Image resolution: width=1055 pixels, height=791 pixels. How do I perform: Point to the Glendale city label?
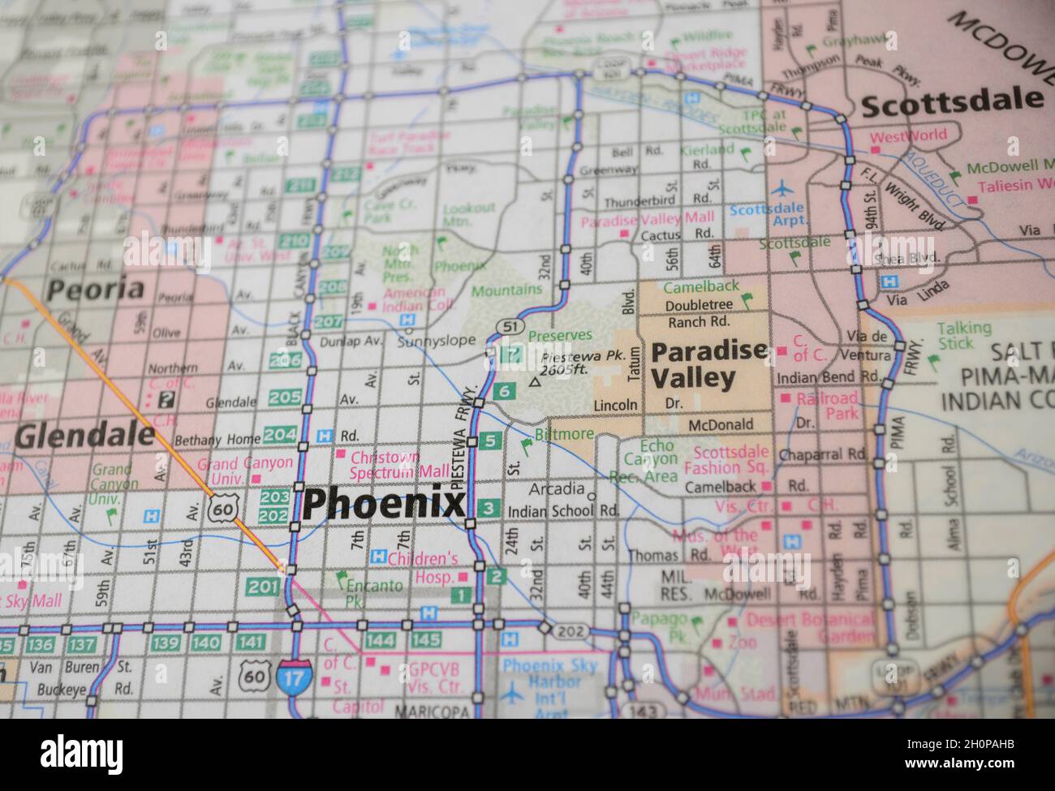pyautogui.click(x=84, y=436)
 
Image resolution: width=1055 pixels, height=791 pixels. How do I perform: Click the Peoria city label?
pyautogui.click(x=96, y=288)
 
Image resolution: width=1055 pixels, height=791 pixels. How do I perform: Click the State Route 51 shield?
pyautogui.click(x=508, y=325)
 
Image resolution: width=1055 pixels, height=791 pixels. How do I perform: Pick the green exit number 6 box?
pyautogui.click(x=504, y=391)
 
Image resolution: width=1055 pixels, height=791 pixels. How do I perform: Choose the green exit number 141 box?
pyautogui.click(x=253, y=643)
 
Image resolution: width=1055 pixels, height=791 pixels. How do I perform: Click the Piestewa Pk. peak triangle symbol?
pyautogui.click(x=535, y=380)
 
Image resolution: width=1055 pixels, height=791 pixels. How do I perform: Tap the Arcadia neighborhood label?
pyautogui.click(x=556, y=489)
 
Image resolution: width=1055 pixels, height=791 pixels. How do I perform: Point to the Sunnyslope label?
pyautogui.click(x=437, y=341)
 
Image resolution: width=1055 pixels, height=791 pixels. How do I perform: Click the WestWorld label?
pyautogui.click(x=908, y=136)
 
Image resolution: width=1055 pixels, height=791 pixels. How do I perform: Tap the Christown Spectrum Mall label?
pyautogui.click(x=399, y=463)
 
